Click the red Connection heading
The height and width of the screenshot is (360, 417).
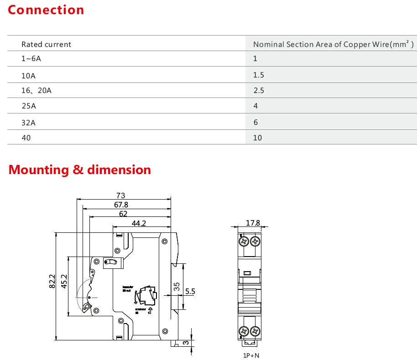click(46, 10)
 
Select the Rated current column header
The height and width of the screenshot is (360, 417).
click(46, 44)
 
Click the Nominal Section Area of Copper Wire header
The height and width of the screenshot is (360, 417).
click(333, 44)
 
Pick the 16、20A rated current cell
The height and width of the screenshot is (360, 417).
click(36, 91)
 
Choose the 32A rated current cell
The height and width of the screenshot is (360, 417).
click(28, 122)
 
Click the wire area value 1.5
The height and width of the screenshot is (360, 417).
click(259, 75)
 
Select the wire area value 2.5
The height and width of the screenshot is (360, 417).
click(259, 91)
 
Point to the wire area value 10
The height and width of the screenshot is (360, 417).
click(257, 138)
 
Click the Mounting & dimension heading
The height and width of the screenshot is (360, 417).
click(80, 170)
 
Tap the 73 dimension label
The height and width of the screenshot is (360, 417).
click(120, 196)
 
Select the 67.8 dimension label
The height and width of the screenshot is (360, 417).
click(121, 205)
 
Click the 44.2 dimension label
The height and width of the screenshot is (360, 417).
click(139, 223)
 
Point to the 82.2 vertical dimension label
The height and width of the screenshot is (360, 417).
click(52, 282)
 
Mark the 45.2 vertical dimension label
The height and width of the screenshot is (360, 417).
click(64, 282)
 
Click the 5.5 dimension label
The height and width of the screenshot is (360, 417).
click(190, 291)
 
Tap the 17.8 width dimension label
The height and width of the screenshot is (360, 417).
click(253, 223)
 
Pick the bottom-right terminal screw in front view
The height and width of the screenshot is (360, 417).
click(255, 332)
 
